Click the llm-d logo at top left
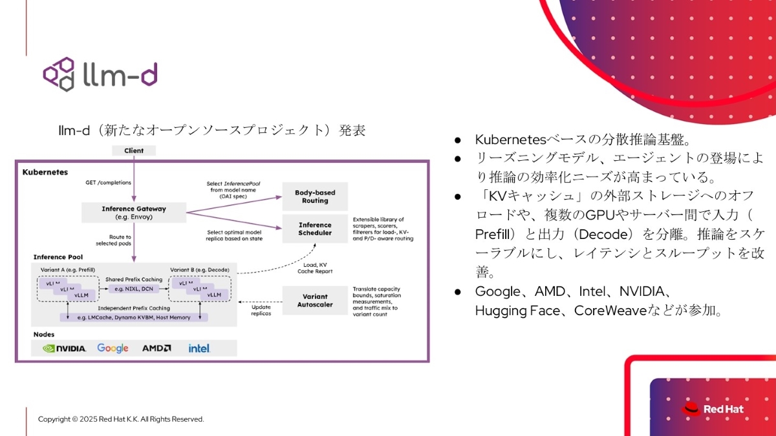(100, 74)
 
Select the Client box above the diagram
(134, 151)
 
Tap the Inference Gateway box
(134, 213)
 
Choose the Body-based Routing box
(315, 196)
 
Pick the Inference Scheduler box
(315, 229)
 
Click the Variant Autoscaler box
(315, 300)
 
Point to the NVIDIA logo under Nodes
(65, 348)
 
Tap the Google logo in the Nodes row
(113, 348)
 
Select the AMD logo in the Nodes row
(156, 348)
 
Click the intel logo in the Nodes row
(199, 348)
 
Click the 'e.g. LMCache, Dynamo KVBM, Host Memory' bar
(134, 317)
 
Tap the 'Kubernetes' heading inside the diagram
(45, 172)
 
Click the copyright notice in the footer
(121, 419)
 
